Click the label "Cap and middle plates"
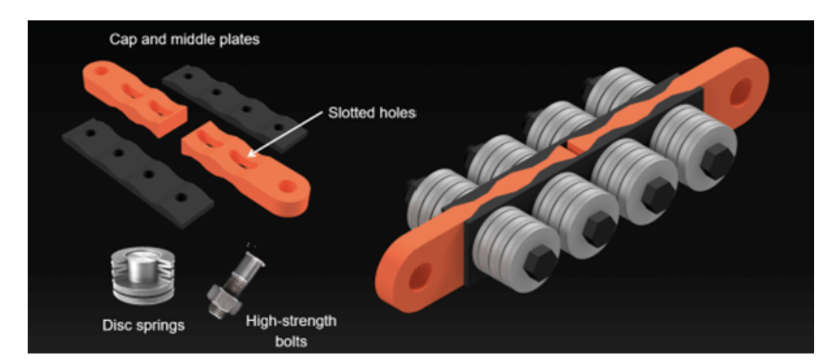[x=184, y=40]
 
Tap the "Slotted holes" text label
[x=372, y=113]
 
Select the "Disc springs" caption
[x=143, y=325]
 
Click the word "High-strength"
[x=291, y=322]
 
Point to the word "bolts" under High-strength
[x=291, y=341]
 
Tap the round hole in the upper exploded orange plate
[x=101, y=70]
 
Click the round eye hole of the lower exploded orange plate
[x=288, y=186]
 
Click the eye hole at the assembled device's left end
[x=421, y=276]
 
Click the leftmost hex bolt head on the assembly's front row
[x=541, y=262]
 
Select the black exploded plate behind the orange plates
[x=234, y=110]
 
